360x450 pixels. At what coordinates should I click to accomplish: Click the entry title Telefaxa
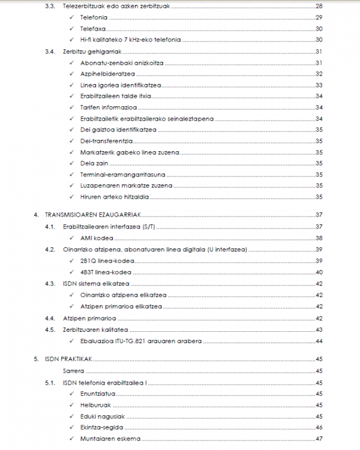[93, 29]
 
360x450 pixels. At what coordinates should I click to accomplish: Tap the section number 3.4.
[50, 52]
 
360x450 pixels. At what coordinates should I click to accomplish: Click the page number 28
[319, 6]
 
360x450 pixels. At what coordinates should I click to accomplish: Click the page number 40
[319, 272]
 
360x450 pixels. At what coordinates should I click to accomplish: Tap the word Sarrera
[73, 371]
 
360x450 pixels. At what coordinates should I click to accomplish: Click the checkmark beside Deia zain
[72, 163]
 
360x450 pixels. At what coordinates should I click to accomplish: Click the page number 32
[319, 74]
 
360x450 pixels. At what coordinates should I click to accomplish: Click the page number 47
[319, 439]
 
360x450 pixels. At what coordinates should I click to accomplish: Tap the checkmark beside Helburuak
[72, 405]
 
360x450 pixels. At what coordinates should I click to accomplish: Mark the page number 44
[319, 341]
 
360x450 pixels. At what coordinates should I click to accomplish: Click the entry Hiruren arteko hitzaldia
[114, 197]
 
